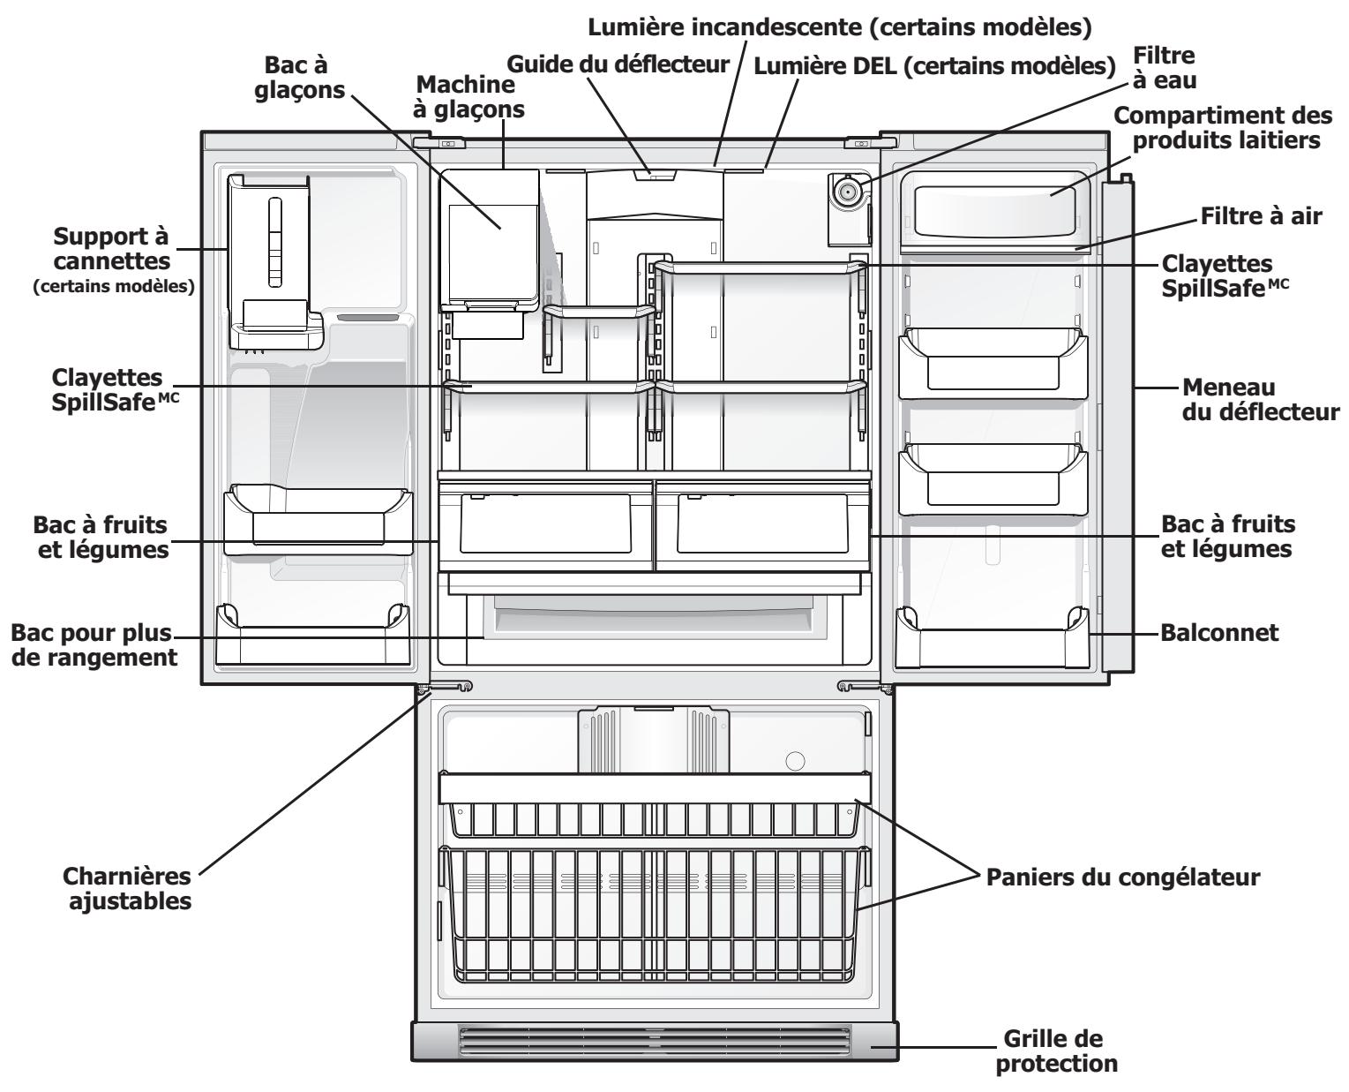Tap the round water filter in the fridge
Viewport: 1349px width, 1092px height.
pos(848,190)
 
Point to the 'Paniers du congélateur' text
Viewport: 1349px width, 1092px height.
pos(1121,878)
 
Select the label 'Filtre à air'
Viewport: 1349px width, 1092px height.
pos(1261,215)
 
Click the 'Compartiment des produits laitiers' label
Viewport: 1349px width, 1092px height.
pos(1217,127)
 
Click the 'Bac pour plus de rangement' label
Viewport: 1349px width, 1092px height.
pos(92,645)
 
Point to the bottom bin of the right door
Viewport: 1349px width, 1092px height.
pos(992,639)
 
